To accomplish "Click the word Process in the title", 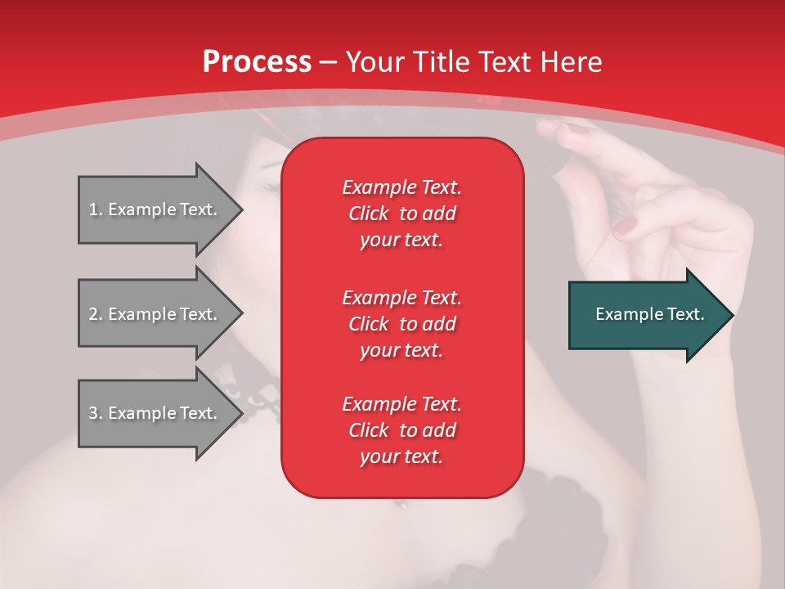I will point(257,62).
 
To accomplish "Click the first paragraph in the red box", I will point(401,214).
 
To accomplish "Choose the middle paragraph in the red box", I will point(401,324).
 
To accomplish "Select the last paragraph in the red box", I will point(401,430).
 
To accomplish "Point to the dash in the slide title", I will point(329,62).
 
